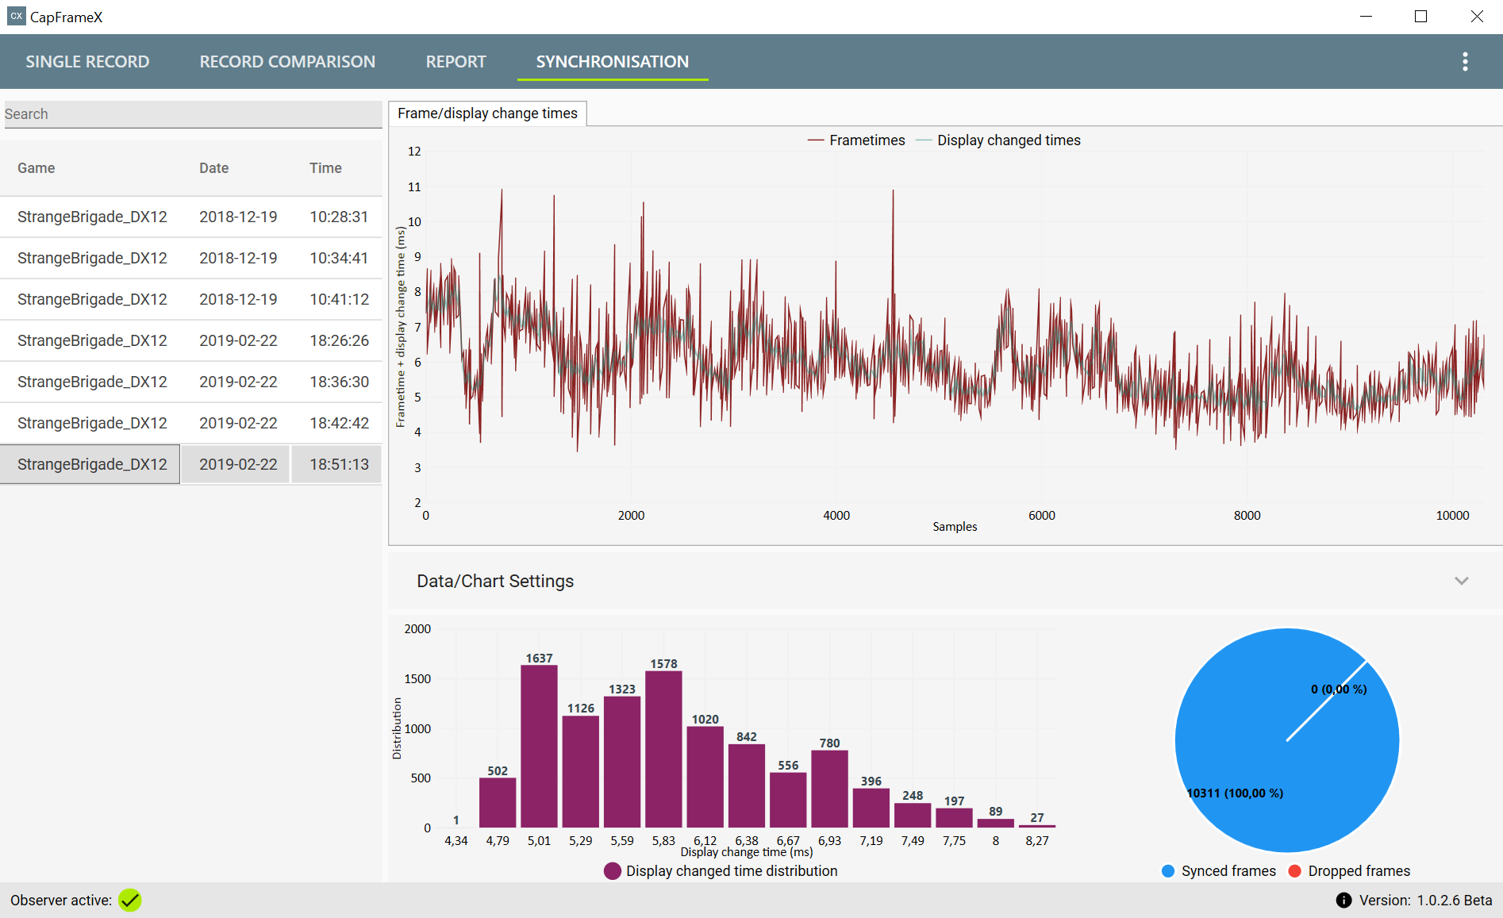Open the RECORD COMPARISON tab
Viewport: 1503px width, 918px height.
(287, 62)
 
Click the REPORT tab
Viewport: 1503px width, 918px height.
(456, 62)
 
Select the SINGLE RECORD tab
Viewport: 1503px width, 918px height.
(87, 62)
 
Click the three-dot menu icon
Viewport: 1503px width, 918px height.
(1465, 62)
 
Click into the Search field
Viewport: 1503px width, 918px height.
(193, 114)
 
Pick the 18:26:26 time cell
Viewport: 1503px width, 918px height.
(339, 340)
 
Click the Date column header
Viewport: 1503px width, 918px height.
(213, 168)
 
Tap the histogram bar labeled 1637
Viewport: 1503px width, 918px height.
(539, 746)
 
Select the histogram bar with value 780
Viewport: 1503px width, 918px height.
(829, 789)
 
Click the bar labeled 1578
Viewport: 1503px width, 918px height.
(663, 749)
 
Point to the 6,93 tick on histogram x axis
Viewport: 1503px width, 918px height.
(829, 840)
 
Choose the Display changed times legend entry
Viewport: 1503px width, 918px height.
(998, 140)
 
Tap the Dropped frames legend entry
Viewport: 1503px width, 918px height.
(1349, 871)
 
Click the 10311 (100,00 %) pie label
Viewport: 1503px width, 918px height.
(1235, 793)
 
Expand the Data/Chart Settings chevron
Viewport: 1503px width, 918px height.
(1462, 581)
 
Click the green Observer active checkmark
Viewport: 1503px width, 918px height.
(130, 900)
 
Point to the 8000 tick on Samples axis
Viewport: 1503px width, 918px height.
(1247, 516)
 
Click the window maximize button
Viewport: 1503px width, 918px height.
(1420, 17)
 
